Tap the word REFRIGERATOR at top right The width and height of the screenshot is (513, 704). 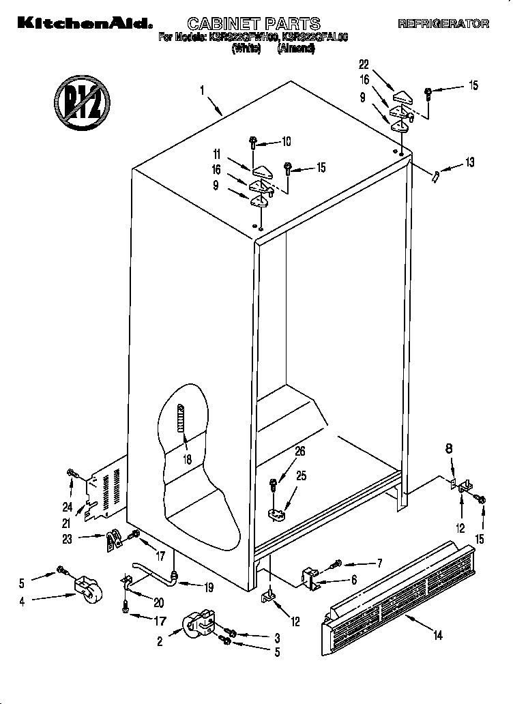click(443, 24)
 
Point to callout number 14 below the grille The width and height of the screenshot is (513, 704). click(437, 636)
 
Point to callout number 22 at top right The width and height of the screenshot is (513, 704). click(364, 65)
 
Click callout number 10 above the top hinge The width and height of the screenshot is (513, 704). click(286, 142)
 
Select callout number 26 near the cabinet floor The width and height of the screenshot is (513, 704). click(299, 451)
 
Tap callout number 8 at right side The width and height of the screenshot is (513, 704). click(449, 449)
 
